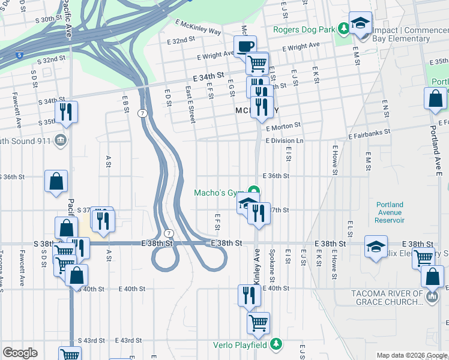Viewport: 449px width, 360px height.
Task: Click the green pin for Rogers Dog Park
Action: pyautogui.click(x=343, y=28)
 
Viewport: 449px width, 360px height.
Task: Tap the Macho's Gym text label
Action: pyautogui.click(x=217, y=193)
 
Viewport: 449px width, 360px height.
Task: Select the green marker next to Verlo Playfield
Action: pyautogui.click(x=276, y=344)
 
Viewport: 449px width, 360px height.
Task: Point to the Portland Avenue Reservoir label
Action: pyautogui.click(x=390, y=212)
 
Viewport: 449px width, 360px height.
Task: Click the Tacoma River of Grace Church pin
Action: pyautogui.click(x=432, y=296)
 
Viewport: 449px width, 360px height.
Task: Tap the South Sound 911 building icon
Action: pyautogui.click(x=60, y=141)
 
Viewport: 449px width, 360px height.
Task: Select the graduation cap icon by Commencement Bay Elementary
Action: pyautogui.click(x=360, y=23)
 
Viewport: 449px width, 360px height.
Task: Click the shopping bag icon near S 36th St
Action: pyautogui.click(x=56, y=181)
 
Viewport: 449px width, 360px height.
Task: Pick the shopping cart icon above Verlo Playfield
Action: pyautogui.click(x=258, y=322)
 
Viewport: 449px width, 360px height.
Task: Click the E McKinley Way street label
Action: pyautogui.click(x=199, y=31)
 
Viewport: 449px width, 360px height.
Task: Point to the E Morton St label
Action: pyautogui.click(x=283, y=127)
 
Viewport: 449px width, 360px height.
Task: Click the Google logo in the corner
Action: pyautogui.click(x=20, y=353)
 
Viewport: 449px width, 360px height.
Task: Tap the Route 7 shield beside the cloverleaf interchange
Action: pyautogui.click(x=169, y=233)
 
